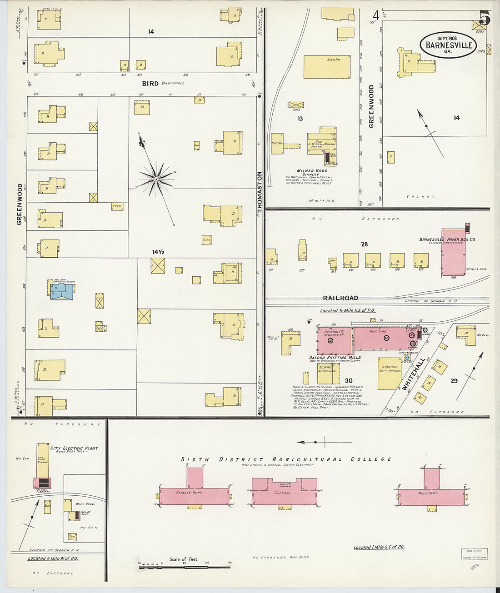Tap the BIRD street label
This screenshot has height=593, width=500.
pyautogui.click(x=150, y=84)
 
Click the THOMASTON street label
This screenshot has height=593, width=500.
pyautogui.click(x=260, y=192)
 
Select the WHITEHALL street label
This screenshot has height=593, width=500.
pyautogui.click(x=413, y=374)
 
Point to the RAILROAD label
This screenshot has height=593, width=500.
pyautogui.click(x=340, y=298)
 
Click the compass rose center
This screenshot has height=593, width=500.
pyautogui.click(x=156, y=180)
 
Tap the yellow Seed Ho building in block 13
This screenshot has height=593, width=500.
pyautogui.click(x=327, y=67)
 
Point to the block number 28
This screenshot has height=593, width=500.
pyautogui.click(x=365, y=244)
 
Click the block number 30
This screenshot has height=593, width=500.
pyautogui.click(x=349, y=381)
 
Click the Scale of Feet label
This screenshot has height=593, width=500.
pyautogui.click(x=184, y=559)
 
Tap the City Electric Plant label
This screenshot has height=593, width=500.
pyautogui.click(x=74, y=448)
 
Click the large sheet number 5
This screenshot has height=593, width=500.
pyautogui.click(x=485, y=19)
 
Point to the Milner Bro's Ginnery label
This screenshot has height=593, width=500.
pyautogui.click(x=312, y=172)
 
